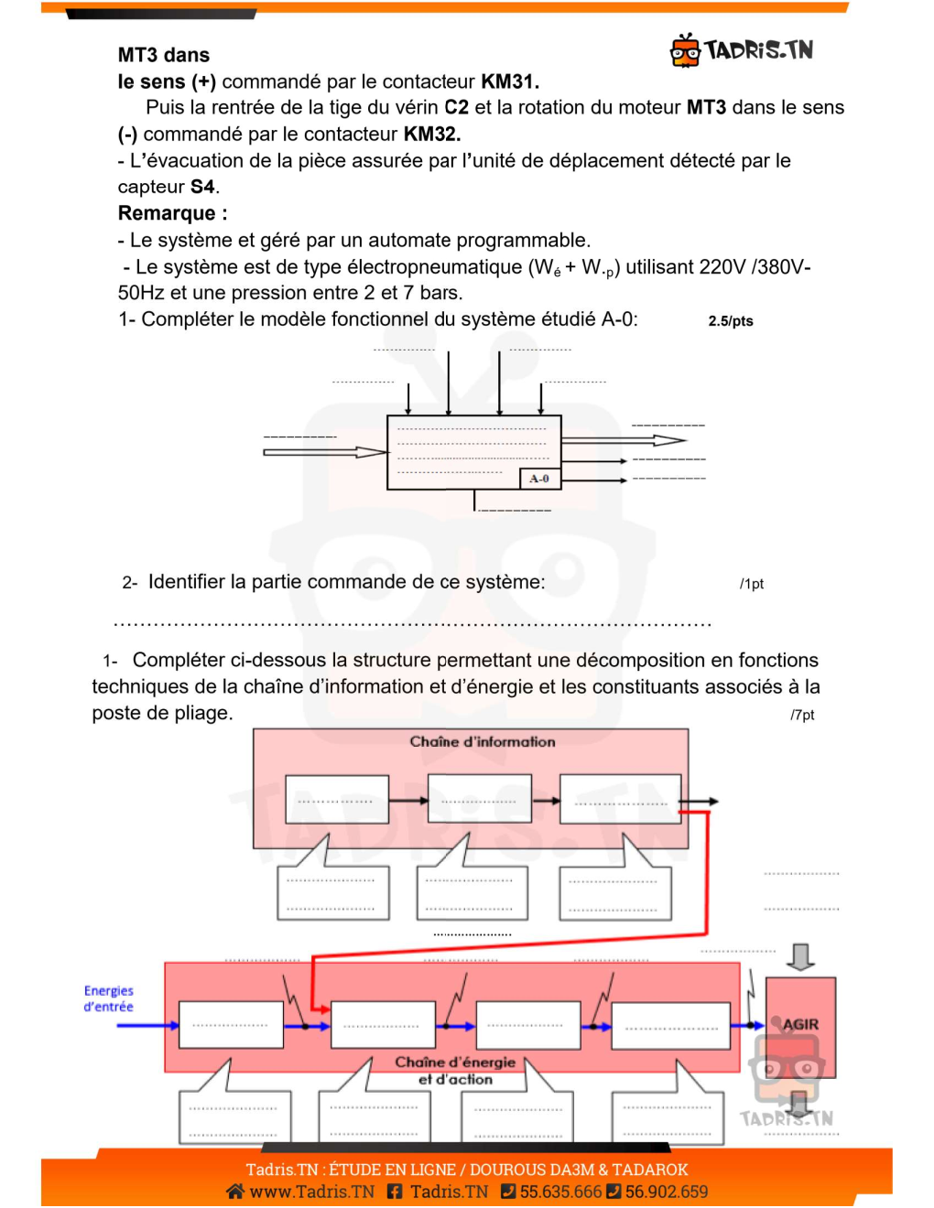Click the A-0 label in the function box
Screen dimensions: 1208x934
click(539, 479)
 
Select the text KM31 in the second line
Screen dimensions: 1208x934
click(509, 81)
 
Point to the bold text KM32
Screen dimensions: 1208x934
click(431, 135)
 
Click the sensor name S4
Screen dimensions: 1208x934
click(202, 187)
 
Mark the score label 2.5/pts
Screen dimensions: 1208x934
click(730, 321)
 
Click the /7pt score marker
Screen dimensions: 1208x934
click(802, 715)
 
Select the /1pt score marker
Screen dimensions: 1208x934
click(751, 584)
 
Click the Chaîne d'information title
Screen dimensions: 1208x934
click(482, 741)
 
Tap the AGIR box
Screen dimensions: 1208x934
click(800, 1025)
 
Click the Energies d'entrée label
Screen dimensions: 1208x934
click(109, 998)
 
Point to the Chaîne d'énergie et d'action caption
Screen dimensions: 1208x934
click(455, 1071)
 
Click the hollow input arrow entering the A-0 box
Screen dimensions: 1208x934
click(325, 452)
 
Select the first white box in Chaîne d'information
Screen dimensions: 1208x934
click(337, 800)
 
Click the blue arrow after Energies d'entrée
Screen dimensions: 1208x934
click(147, 1025)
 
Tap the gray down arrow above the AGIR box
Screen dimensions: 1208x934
click(800, 957)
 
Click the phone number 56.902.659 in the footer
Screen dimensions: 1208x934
click(666, 1192)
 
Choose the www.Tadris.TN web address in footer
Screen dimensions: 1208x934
click(311, 1192)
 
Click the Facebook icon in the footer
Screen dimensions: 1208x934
click(395, 1192)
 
